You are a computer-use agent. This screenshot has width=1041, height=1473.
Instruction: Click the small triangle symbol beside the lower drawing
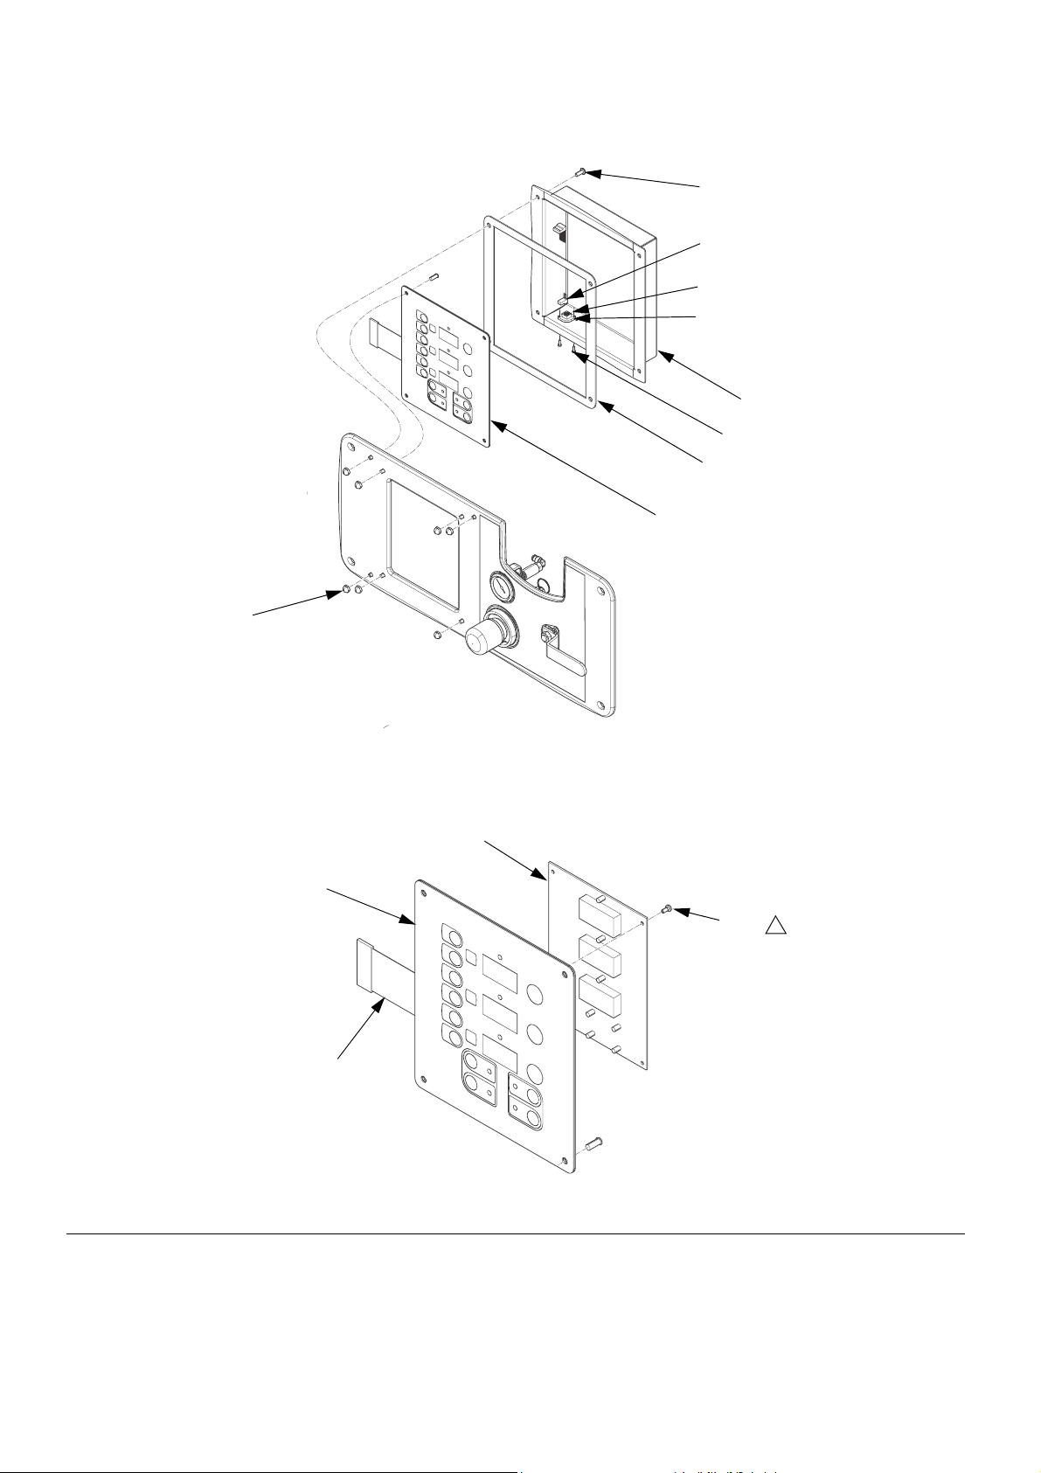(x=774, y=926)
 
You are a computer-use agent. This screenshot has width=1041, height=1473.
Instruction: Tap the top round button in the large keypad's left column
(x=453, y=932)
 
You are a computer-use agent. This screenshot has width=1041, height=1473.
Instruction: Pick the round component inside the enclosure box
(x=566, y=315)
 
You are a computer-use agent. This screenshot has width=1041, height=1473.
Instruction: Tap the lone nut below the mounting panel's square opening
(x=437, y=636)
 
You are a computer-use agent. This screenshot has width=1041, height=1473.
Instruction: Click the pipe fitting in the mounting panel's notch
(x=528, y=569)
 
